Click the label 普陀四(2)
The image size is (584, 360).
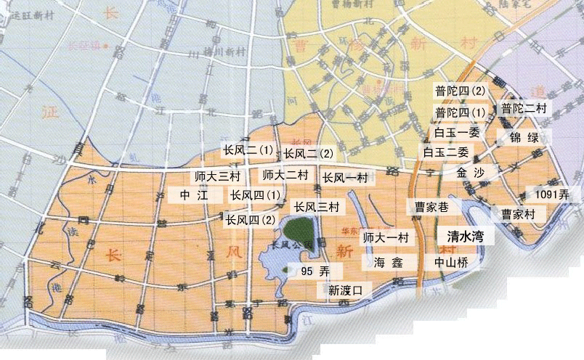point(460,91)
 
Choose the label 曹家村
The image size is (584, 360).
point(517,214)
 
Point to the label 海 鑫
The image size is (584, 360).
point(387,262)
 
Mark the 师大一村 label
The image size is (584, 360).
point(386,237)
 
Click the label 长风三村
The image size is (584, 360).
point(317,208)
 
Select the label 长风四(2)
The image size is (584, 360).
point(251,219)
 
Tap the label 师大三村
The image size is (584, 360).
point(218,176)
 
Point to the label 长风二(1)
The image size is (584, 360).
point(248,151)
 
